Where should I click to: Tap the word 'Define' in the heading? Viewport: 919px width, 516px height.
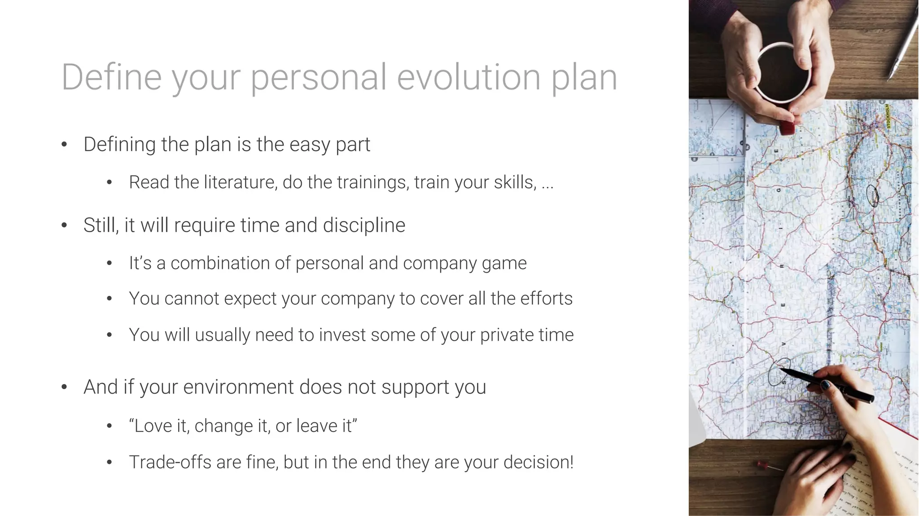[x=111, y=77]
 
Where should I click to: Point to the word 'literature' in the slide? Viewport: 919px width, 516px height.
[x=241, y=182]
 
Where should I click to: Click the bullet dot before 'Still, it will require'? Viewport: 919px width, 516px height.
[x=64, y=225]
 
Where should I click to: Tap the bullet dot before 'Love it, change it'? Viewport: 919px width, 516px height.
[x=109, y=426]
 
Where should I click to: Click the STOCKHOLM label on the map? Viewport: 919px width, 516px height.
[x=887, y=116]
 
